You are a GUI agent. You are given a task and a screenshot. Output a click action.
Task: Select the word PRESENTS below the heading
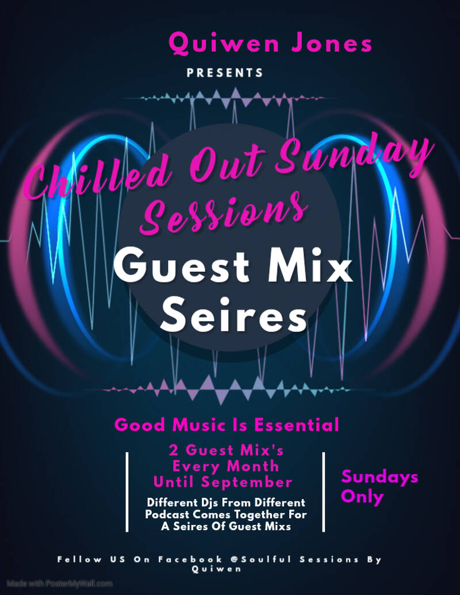pyautogui.click(x=225, y=73)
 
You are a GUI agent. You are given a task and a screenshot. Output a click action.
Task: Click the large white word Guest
pyautogui.click(x=181, y=265)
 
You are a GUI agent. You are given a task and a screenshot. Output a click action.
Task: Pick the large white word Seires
pyautogui.click(x=233, y=315)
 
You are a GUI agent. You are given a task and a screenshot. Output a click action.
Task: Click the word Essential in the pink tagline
pyautogui.click(x=296, y=424)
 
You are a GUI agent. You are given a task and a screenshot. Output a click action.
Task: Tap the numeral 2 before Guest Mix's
pyautogui.click(x=174, y=450)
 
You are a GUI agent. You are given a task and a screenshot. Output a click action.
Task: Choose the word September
pyautogui.click(x=247, y=482)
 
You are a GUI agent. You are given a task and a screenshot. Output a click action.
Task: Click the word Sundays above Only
pyautogui.click(x=379, y=477)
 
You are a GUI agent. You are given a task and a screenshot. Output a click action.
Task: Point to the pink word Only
pyautogui.click(x=362, y=497)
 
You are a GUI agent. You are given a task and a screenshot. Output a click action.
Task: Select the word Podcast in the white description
pyautogui.click(x=167, y=515)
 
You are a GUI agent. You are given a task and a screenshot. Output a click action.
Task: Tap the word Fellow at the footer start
pyautogui.click(x=80, y=559)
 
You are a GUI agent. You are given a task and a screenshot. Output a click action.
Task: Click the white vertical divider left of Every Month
pyautogui.click(x=127, y=492)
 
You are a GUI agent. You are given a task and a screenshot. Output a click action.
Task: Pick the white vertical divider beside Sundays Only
pyautogui.click(x=324, y=492)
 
